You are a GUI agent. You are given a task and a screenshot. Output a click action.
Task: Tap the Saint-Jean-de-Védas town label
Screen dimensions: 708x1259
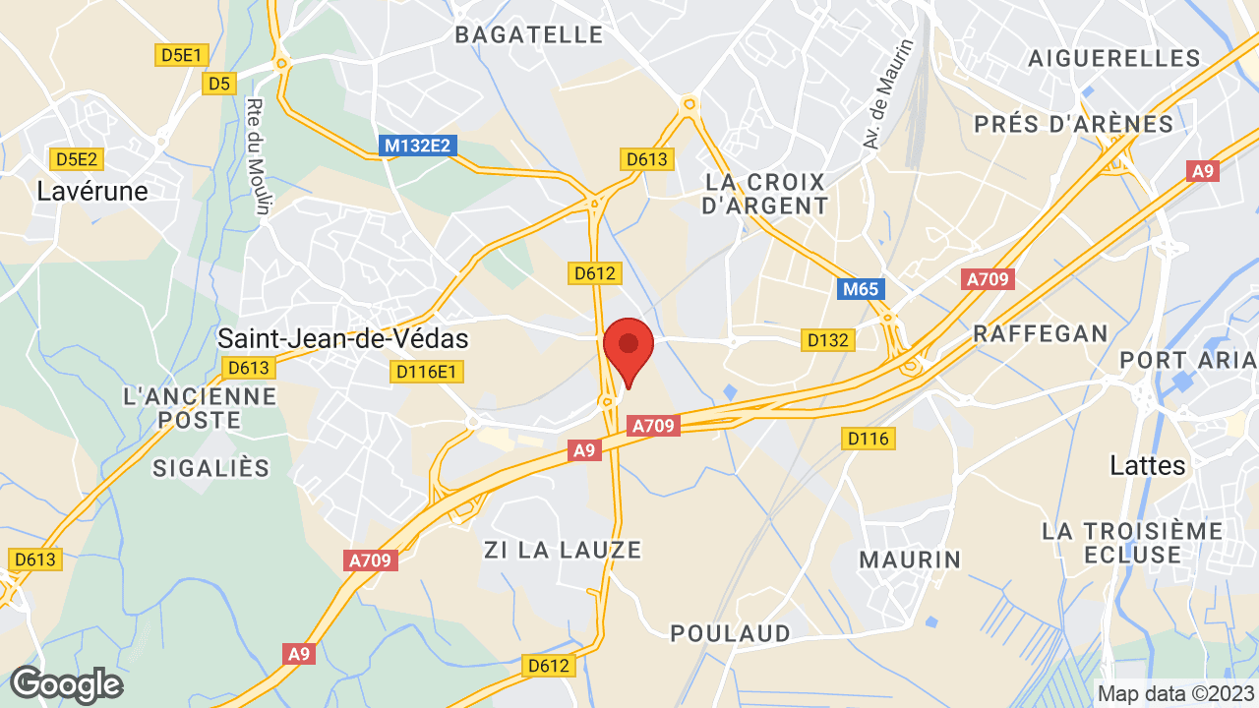pyautogui.click(x=342, y=339)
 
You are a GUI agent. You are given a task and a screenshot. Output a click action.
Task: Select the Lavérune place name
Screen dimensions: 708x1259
pyautogui.click(x=92, y=191)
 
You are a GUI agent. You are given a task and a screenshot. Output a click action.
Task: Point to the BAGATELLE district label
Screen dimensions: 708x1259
pyautogui.click(x=528, y=35)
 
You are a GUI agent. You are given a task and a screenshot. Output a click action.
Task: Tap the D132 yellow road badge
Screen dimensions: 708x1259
pyautogui.click(x=827, y=340)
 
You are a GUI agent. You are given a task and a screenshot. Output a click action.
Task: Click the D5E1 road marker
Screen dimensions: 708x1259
pyautogui.click(x=180, y=55)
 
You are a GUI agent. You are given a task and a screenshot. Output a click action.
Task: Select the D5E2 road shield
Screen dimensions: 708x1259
pyautogui.click(x=77, y=158)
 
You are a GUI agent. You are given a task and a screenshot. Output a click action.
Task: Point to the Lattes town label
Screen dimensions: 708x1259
pyautogui.click(x=1148, y=464)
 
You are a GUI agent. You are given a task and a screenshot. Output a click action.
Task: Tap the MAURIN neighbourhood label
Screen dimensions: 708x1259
pyautogui.click(x=910, y=560)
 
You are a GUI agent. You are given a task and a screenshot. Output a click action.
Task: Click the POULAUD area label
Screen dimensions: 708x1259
pyautogui.click(x=730, y=633)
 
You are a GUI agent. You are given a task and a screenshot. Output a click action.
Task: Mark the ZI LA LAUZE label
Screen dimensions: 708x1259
pyautogui.click(x=563, y=550)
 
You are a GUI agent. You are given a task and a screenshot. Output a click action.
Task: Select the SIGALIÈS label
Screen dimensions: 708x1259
pyautogui.click(x=210, y=468)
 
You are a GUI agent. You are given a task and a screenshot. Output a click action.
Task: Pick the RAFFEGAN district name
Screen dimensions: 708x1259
pyautogui.click(x=1041, y=333)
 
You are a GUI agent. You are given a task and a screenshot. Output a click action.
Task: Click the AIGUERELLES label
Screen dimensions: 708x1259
pyautogui.click(x=1114, y=58)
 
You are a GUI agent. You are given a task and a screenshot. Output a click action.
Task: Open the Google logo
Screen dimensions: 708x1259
pyautogui.click(x=66, y=684)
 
